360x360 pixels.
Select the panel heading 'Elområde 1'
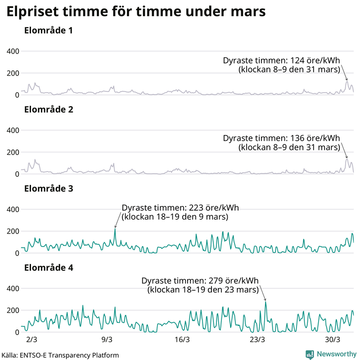click(49, 31)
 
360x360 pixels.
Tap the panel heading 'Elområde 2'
click(49, 109)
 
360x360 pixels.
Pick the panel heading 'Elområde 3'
click(49, 189)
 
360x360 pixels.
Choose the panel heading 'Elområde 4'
click(49, 268)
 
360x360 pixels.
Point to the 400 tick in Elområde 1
click(12, 51)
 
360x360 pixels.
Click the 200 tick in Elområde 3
click(12, 231)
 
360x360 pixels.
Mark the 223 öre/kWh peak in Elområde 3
click(115, 229)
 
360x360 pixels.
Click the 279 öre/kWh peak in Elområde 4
click(265, 302)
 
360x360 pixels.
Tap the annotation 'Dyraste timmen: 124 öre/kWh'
click(281, 61)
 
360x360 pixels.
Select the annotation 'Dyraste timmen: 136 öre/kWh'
click(281, 139)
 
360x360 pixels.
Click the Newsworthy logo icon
click(310, 354)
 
